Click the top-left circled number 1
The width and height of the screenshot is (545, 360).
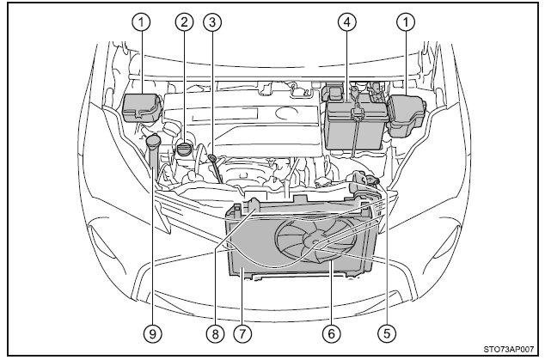coord(138,23)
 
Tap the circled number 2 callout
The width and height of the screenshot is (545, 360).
coord(182,23)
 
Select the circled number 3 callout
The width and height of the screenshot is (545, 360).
coord(210,23)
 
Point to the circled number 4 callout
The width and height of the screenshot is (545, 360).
coord(347,23)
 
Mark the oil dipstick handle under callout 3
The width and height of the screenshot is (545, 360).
coord(211,159)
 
